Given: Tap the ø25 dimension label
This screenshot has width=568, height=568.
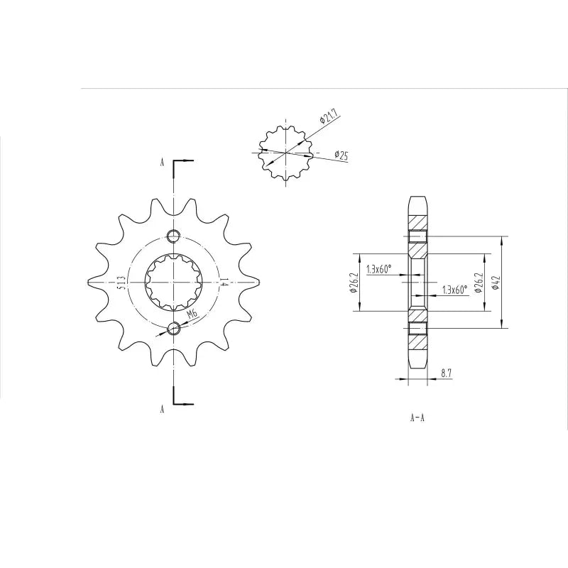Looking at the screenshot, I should (x=341, y=155).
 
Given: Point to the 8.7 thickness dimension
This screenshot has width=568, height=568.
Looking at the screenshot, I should (x=447, y=372).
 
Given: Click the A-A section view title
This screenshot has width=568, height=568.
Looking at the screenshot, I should (x=417, y=418).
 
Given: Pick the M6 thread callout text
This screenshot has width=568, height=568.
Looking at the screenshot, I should (x=192, y=315).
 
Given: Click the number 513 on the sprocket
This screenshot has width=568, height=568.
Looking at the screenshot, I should (x=122, y=283).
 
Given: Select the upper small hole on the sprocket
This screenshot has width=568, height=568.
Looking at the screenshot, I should (x=174, y=236).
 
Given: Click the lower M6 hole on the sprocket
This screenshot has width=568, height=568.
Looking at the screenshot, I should (x=174, y=328).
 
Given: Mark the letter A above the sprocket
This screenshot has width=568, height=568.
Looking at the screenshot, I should (x=162, y=163).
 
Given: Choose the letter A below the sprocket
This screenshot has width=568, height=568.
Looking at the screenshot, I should (x=162, y=409).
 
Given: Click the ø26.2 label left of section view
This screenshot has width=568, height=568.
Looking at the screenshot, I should (x=352, y=283).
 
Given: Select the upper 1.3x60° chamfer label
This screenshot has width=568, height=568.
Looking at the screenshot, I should (x=379, y=270).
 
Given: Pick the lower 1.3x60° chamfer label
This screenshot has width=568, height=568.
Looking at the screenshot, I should (x=454, y=290).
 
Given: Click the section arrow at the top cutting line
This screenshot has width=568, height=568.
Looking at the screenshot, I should (x=183, y=160).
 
